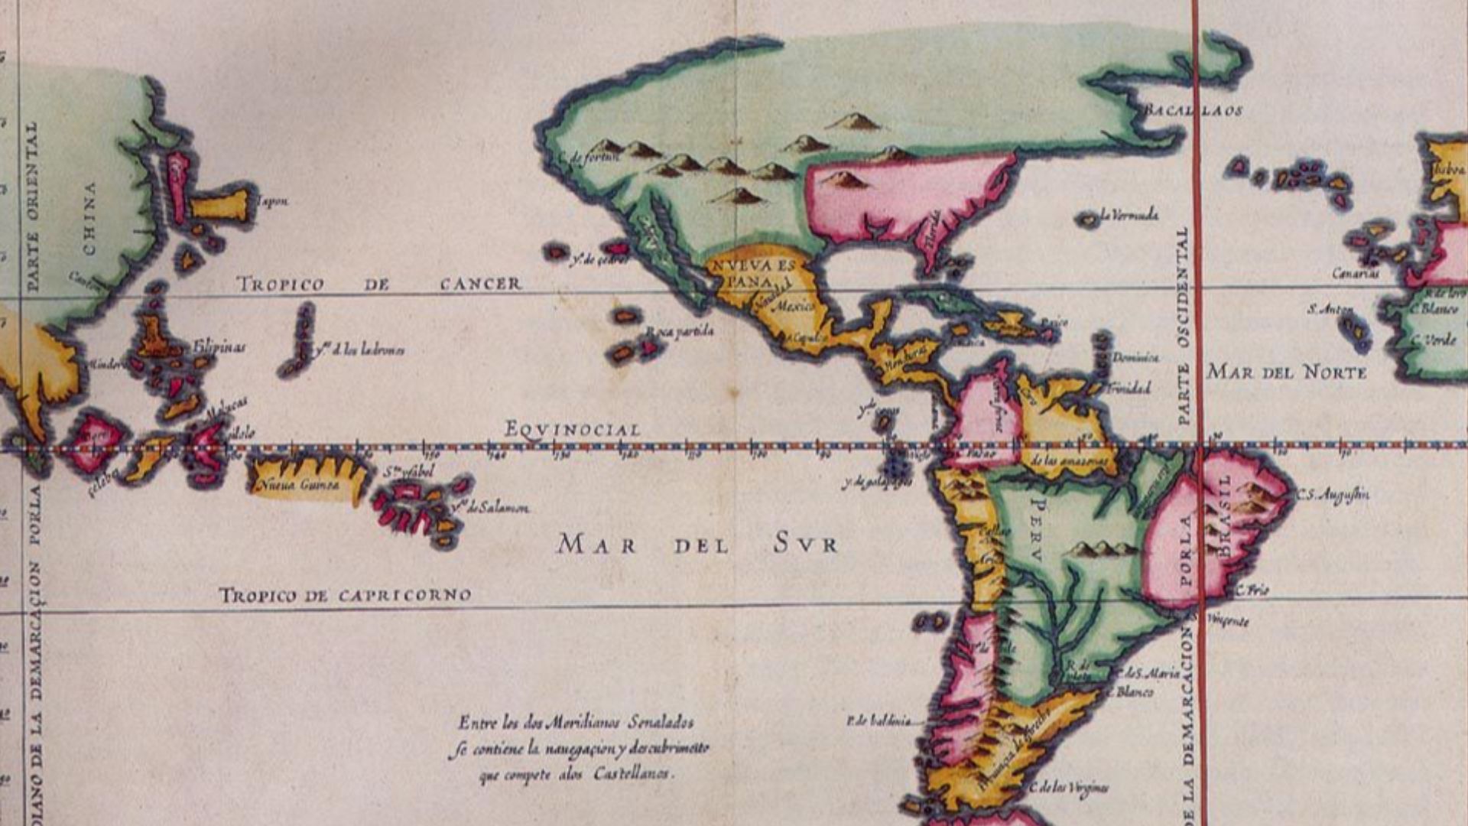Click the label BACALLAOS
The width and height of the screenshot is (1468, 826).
(1193, 111)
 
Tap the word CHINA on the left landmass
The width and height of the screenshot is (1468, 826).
(90, 218)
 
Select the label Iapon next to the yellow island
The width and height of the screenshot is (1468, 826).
(273, 202)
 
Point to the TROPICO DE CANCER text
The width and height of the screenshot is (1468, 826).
(379, 285)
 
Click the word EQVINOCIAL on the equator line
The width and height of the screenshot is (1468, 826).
(572, 430)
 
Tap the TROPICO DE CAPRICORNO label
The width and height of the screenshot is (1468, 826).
(345, 595)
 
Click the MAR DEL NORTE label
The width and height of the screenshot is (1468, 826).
(1286, 372)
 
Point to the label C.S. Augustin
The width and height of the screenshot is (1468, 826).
(1333, 494)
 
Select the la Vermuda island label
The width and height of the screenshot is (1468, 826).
(1129, 215)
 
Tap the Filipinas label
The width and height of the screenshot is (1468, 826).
(219, 346)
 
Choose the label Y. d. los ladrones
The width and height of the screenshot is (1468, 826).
(358, 350)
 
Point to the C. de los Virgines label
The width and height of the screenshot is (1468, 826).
(1068, 787)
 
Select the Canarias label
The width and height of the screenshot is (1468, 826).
(1356, 273)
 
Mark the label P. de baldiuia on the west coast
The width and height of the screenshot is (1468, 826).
(879, 720)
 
